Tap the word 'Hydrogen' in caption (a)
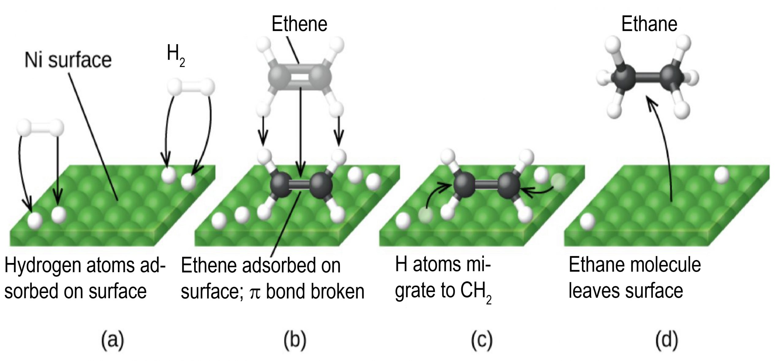pyautogui.click(x=43, y=265)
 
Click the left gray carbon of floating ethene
pyautogui.click(x=277, y=75)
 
